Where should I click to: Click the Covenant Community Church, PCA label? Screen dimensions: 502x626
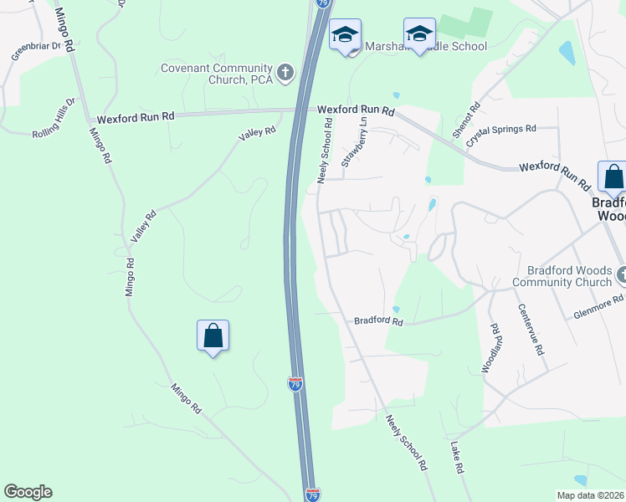click(x=216, y=74)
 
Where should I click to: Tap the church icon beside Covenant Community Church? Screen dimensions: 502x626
click(x=285, y=73)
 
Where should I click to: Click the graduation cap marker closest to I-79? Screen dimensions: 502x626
click(x=345, y=35)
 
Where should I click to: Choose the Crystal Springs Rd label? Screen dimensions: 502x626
click(x=502, y=129)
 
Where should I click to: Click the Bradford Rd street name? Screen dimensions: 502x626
click(x=378, y=321)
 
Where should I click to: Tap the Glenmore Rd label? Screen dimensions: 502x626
click(x=598, y=306)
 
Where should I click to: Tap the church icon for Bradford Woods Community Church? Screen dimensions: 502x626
click(x=621, y=274)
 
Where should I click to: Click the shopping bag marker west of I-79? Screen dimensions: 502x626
click(x=213, y=336)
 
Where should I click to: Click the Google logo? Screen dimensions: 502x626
click(x=28, y=492)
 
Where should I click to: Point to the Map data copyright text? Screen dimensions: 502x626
click(x=589, y=494)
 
